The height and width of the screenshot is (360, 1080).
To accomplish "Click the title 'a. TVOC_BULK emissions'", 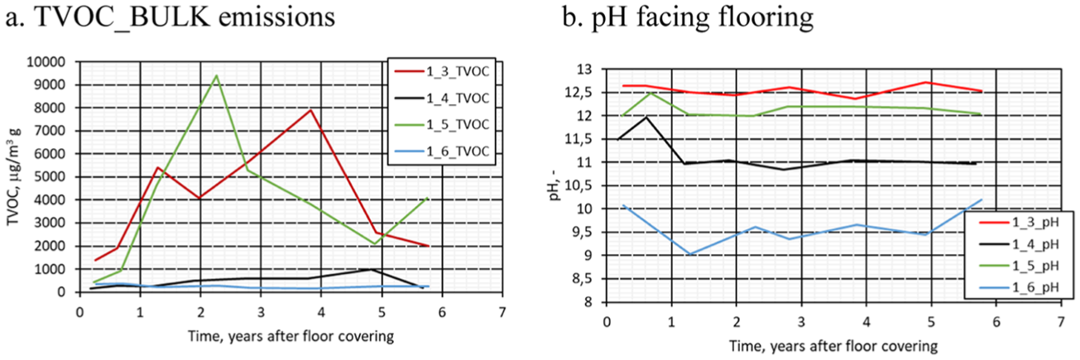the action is (x=170, y=17).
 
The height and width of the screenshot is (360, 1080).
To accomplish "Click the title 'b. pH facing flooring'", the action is (x=688, y=18).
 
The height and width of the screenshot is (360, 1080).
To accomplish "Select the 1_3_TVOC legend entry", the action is (x=442, y=72).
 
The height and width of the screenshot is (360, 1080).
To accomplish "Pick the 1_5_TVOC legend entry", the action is (x=442, y=125).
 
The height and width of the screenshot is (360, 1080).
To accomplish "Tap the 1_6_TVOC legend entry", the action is (x=442, y=151).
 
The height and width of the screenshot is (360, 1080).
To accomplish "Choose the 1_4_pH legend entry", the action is (x=1018, y=244).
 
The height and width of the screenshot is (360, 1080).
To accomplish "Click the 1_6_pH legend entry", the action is (x=1018, y=288).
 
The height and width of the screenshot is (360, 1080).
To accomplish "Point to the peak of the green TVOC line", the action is (x=217, y=75).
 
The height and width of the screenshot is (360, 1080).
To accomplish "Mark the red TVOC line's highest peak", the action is (x=311, y=110).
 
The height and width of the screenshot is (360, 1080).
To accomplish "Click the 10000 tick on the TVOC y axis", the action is (x=46, y=62).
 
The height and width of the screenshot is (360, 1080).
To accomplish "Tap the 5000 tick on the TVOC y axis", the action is (x=50, y=177).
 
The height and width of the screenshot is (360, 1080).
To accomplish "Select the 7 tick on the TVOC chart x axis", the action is (x=502, y=313).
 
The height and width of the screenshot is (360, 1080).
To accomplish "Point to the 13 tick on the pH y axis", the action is (x=584, y=70).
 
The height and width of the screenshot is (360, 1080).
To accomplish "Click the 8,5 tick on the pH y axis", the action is (x=582, y=279).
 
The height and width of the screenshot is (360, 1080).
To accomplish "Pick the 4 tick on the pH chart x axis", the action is (x=866, y=322).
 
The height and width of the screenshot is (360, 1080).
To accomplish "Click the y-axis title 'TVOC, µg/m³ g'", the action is (x=13, y=176).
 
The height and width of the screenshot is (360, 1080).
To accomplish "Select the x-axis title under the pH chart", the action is (x=833, y=346).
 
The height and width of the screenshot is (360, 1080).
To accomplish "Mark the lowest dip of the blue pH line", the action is (x=690, y=254).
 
